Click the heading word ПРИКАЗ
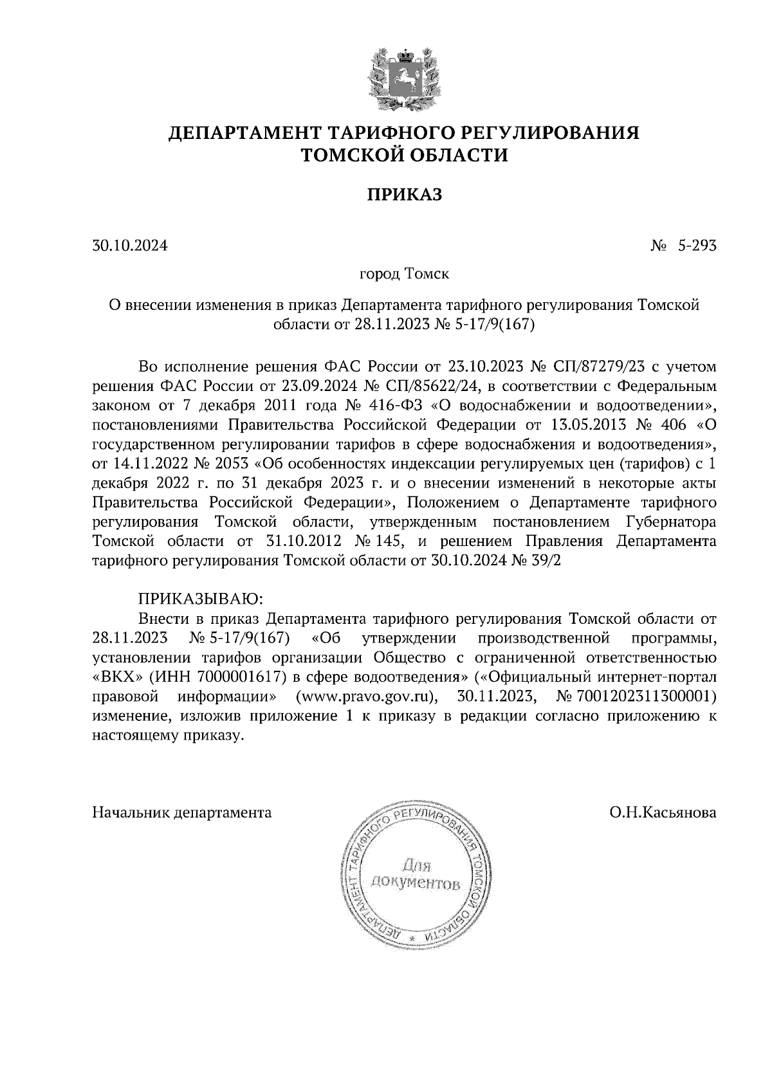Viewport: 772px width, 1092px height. point(404,195)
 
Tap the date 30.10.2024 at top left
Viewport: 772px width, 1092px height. point(129,246)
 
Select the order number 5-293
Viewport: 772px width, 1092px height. point(696,246)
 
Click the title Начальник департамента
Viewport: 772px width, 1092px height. point(182,813)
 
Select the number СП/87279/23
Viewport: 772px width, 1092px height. point(591,367)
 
